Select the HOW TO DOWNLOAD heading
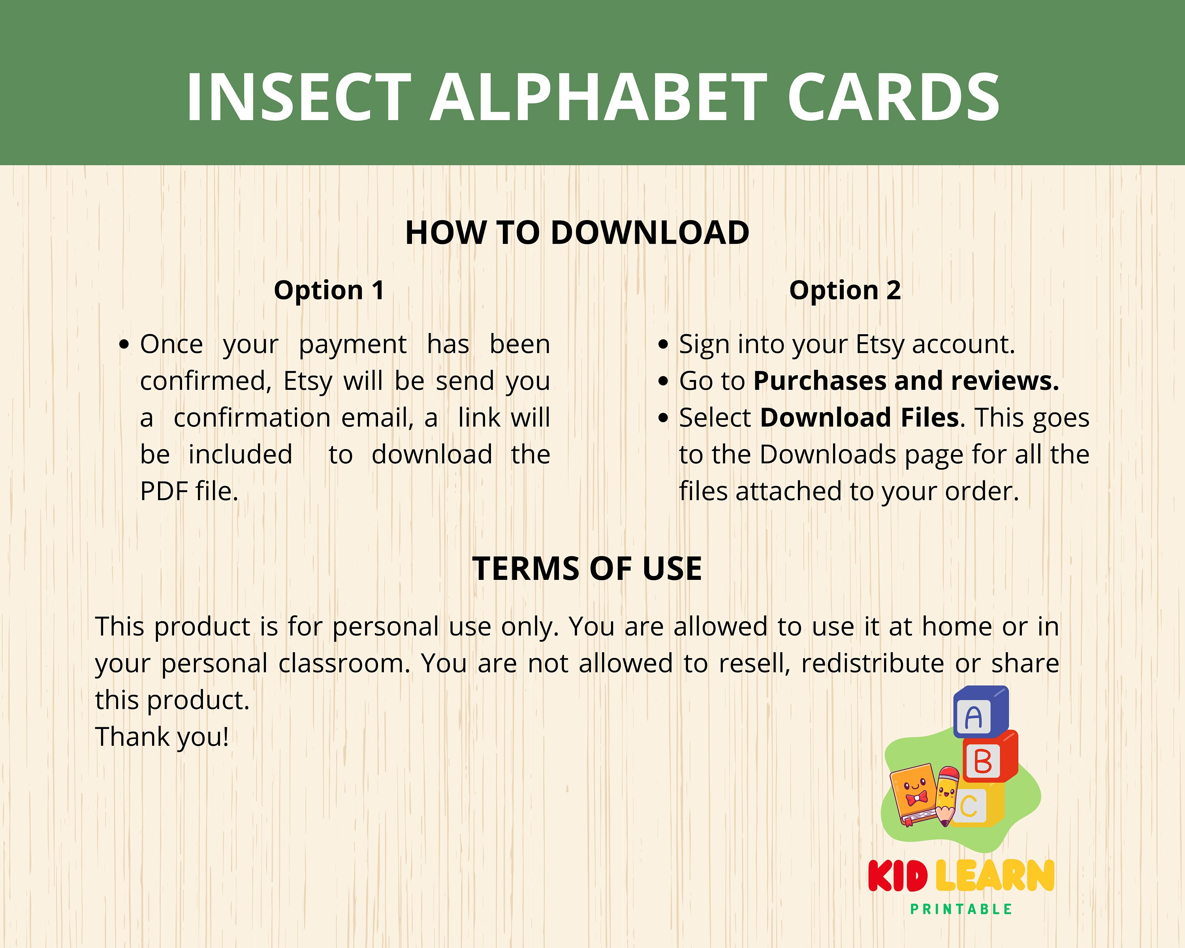pyautogui.click(x=577, y=233)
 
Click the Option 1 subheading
pyautogui.click(x=329, y=290)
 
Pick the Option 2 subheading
pyautogui.click(x=845, y=290)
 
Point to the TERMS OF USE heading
pyautogui.click(x=587, y=568)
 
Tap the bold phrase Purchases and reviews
pyautogui.click(x=906, y=381)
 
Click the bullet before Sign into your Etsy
pyautogui.click(x=663, y=345)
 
